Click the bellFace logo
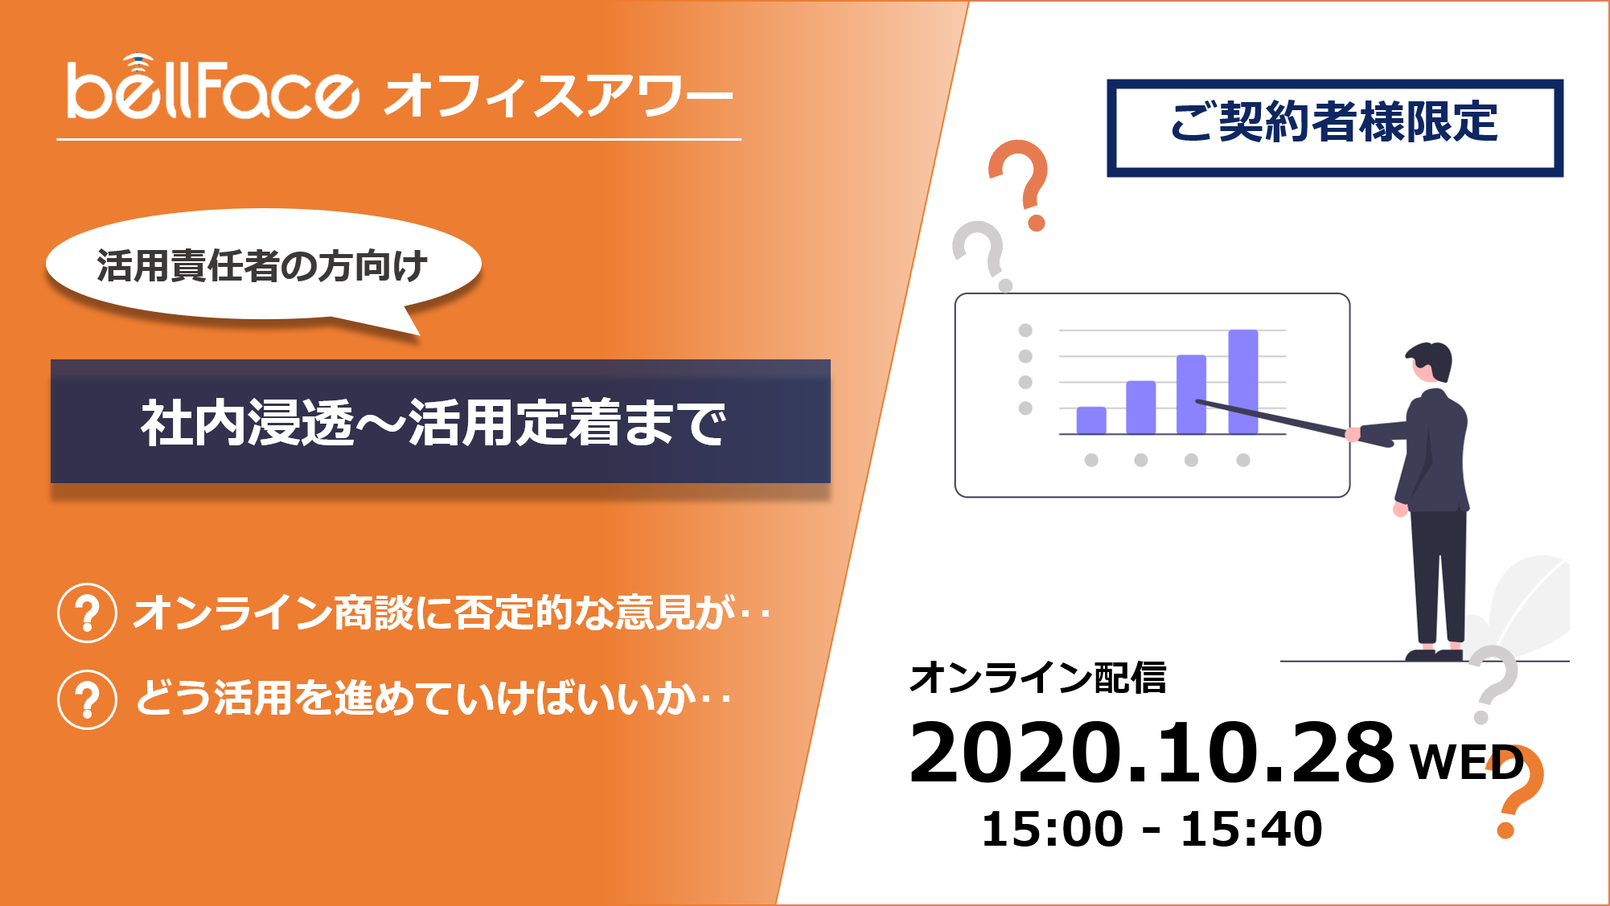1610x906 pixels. [212, 88]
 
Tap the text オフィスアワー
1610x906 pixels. [559, 96]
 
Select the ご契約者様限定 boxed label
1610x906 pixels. [1335, 128]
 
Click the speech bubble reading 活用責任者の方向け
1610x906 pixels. [263, 266]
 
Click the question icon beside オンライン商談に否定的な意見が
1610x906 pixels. [88, 613]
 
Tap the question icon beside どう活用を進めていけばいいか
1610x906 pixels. [88, 699]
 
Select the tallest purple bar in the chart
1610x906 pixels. [1243, 382]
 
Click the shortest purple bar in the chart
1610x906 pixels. [1091, 420]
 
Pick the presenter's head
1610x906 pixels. [1431, 363]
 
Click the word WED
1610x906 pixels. [1467, 762]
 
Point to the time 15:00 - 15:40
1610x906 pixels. [1152, 829]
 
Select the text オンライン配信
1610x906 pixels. [1037, 677]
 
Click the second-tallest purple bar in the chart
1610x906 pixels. [1191, 395]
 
